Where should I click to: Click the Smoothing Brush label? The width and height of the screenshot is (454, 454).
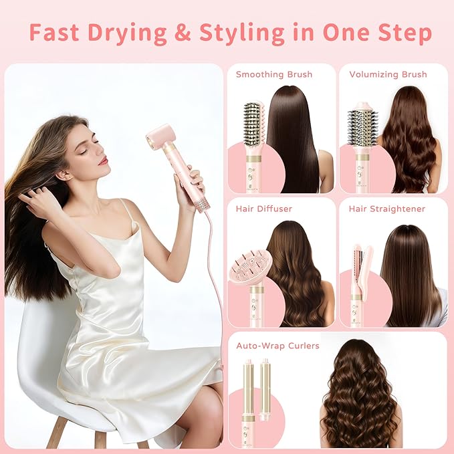click(273, 74)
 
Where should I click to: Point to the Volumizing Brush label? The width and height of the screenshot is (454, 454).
click(388, 74)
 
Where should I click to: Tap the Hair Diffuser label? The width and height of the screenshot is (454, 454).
click(263, 209)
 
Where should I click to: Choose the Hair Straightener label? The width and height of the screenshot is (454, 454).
click(386, 209)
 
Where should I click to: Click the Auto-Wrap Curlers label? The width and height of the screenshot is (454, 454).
click(277, 346)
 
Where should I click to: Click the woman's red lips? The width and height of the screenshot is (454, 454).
click(102, 160)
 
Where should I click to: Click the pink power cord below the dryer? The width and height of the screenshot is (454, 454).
click(218, 281)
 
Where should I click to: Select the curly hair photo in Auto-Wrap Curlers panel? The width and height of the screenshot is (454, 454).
click(359, 394)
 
